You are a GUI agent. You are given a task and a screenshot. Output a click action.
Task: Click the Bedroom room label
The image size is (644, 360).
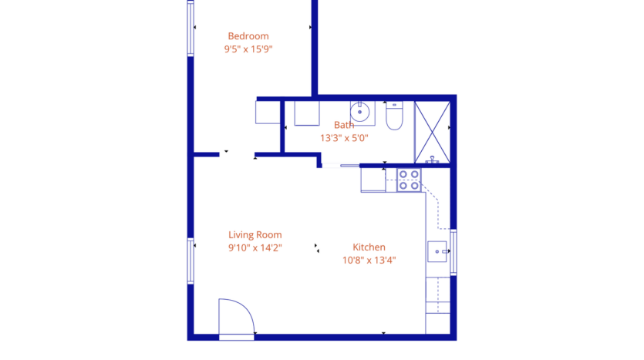click(x=248, y=35)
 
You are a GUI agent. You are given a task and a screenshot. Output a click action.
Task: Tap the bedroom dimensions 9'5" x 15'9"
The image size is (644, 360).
click(x=248, y=49)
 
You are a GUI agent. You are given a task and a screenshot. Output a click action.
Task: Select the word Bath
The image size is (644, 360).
click(x=344, y=125)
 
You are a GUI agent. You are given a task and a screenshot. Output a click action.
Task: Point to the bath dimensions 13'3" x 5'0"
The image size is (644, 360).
click(x=344, y=139)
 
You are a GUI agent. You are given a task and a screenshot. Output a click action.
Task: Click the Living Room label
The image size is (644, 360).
click(x=255, y=235)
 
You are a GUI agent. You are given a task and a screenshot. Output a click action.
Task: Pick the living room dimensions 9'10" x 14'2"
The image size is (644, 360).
click(x=255, y=248)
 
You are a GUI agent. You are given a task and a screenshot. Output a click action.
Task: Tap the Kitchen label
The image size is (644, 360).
click(x=369, y=247)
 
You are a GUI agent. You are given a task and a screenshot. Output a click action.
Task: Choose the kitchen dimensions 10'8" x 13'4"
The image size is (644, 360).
click(x=369, y=261)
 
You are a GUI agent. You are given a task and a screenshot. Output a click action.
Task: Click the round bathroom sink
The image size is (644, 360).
click(x=361, y=113)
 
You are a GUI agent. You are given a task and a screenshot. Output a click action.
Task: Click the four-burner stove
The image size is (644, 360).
click(x=409, y=180)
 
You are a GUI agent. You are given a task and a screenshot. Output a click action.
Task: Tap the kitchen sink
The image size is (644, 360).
click(x=438, y=251)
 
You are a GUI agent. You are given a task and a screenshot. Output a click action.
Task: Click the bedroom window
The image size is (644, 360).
click(x=191, y=29)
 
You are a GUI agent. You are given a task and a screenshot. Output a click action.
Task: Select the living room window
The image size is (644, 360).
click(x=191, y=261)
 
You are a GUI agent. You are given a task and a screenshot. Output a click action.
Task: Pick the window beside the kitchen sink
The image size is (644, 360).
click(x=453, y=252)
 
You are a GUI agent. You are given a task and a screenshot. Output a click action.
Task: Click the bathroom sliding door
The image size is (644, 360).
click(x=340, y=165)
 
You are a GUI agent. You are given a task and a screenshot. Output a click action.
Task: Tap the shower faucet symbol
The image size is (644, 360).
click(x=433, y=160)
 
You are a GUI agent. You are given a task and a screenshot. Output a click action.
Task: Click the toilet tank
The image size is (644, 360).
click(x=394, y=105)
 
